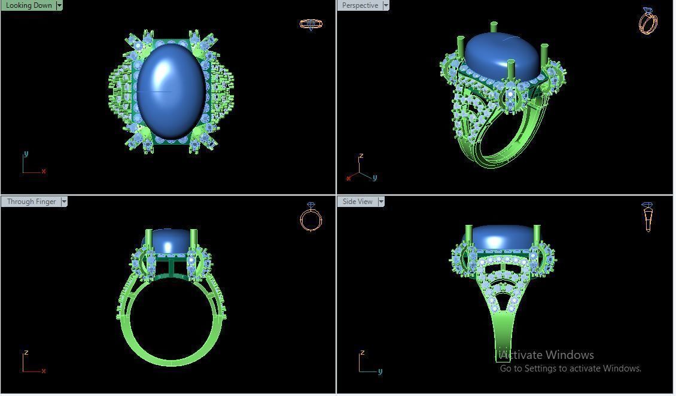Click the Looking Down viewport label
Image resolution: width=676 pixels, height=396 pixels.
29,5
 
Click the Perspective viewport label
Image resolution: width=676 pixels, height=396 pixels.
360,5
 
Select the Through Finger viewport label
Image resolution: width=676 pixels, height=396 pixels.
31,202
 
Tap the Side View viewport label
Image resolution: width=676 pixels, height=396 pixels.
357,202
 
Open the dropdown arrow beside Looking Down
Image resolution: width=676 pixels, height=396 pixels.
59,5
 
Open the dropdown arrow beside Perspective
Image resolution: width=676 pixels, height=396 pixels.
386,5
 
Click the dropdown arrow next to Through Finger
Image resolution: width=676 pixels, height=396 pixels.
64,202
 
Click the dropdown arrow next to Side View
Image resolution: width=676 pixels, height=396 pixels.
381,202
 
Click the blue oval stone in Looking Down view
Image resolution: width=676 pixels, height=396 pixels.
170,90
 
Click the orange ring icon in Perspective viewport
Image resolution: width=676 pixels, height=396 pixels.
648,21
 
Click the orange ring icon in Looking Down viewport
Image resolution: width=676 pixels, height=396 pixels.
310,24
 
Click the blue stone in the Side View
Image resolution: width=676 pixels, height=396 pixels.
503,236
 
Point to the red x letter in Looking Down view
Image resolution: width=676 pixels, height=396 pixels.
44,171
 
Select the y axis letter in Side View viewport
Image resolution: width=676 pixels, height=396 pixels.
380,371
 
